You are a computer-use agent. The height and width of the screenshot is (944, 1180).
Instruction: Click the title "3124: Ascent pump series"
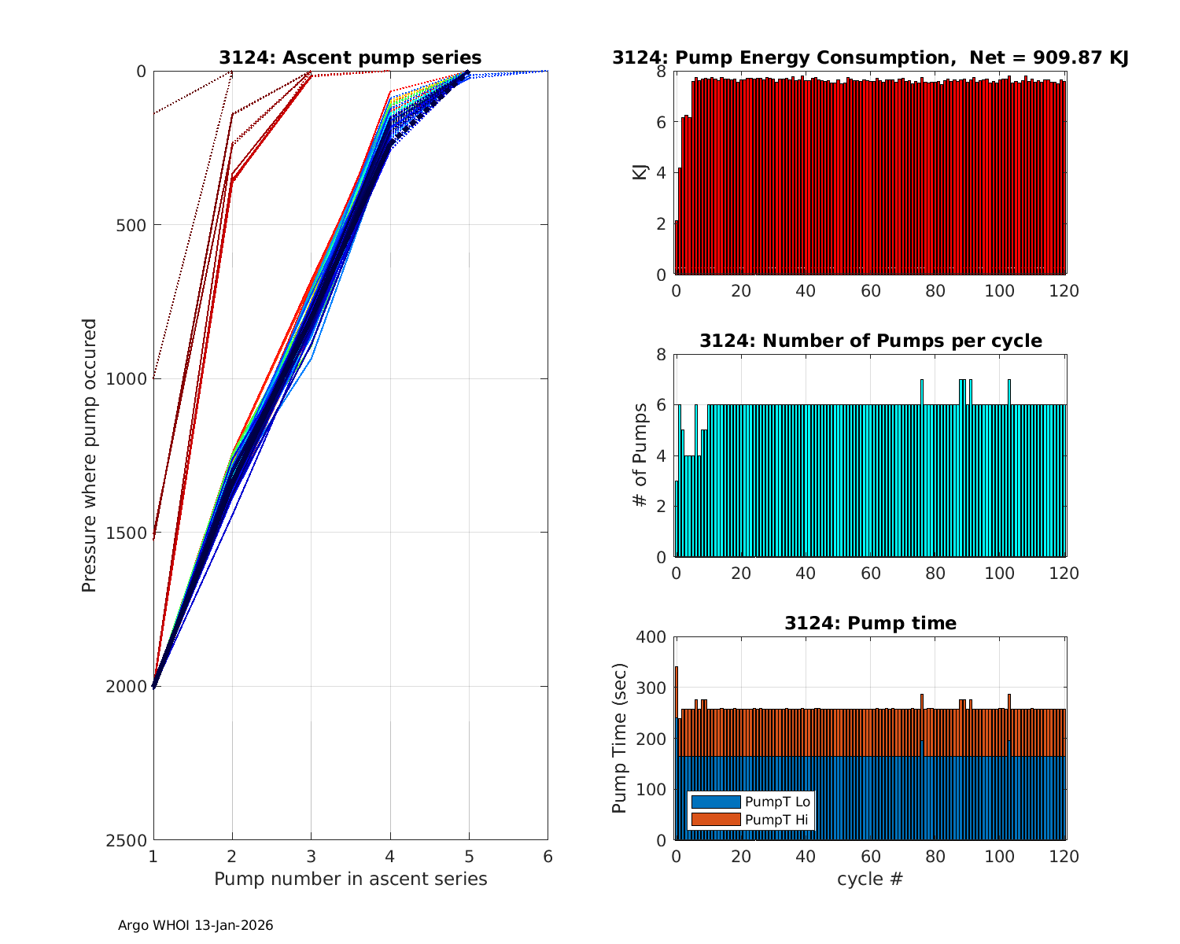(x=350, y=57)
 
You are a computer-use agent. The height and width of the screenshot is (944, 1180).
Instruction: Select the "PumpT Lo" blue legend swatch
(x=715, y=802)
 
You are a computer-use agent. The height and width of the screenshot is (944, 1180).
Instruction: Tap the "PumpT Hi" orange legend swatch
(x=715, y=819)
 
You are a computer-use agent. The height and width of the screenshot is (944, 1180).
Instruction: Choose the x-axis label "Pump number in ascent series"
(x=350, y=879)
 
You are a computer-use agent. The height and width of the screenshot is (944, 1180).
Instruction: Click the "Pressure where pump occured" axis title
(x=90, y=455)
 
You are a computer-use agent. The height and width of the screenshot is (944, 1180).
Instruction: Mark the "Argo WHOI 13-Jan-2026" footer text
(x=195, y=926)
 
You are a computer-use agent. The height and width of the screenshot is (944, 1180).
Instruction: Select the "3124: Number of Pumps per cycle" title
(x=870, y=341)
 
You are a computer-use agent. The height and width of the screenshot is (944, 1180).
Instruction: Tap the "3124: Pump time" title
(x=870, y=623)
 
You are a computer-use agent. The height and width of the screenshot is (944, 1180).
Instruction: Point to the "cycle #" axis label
(x=870, y=879)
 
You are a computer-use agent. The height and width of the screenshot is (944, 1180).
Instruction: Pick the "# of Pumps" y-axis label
(x=640, y=455)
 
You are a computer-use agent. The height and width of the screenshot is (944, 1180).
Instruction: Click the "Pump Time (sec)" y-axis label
(x=619, y=739)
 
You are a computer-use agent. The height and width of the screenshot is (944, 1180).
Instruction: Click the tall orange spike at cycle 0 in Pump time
(x=677, y=684)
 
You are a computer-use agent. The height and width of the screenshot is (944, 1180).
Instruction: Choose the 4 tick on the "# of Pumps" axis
(x=661, y=456)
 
